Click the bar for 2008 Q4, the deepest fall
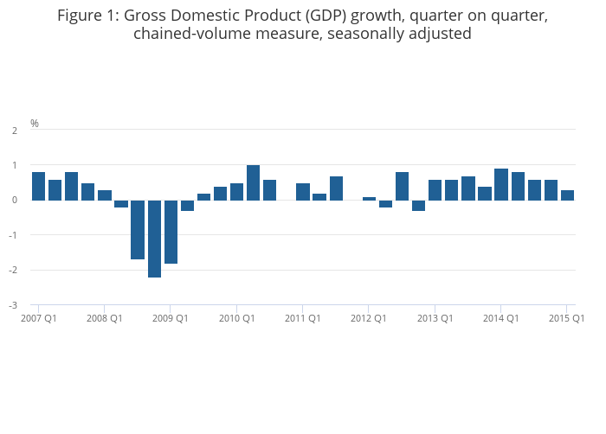[x=154, y=239]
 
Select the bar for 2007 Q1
[x=38, y=186]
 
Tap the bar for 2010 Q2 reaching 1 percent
[x=253, y=182]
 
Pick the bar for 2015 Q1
[x=567, y=195]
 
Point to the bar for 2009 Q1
[x=171, y=232]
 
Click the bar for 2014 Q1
[x=500, y=184]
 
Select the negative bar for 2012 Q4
[x=418, y=205]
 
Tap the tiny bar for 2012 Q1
[x=369, y=198]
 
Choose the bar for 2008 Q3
[x=138, y=230]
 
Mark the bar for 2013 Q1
[x=435, y=190]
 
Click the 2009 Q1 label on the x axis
[x=170, y=318]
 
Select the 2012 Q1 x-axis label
[x=368, y=318]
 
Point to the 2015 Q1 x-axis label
[x=566, y=318]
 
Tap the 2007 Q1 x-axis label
[x=38, y=318]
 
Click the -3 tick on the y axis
[x=15, y=305]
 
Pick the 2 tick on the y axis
[x=15, y=131]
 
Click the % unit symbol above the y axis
[x=35, y=124]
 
